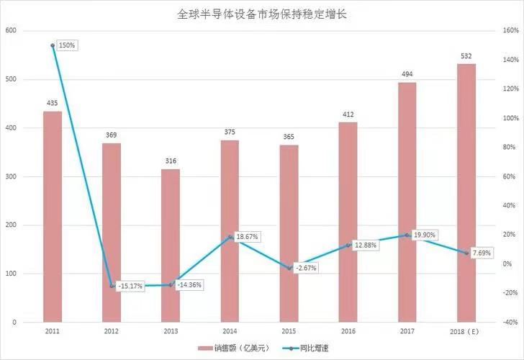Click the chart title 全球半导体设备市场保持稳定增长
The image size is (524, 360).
[x=263, y=14]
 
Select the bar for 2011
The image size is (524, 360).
[x=53, y=216]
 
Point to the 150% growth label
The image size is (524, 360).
[x=67, y=45]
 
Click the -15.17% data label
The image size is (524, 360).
[x=130, y=286]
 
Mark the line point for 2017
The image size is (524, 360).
[x=407, y=235]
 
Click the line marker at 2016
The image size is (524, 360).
[x=348, y=246]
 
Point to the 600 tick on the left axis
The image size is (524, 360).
[x=10, y=31]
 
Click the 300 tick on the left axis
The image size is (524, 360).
[x=10, y=176]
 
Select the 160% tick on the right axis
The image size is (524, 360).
[x=511, y=31]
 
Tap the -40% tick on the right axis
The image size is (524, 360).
[x=511, y=322]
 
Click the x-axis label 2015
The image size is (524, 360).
[x=289, y=330]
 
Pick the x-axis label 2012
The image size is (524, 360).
[x=112, y=330]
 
